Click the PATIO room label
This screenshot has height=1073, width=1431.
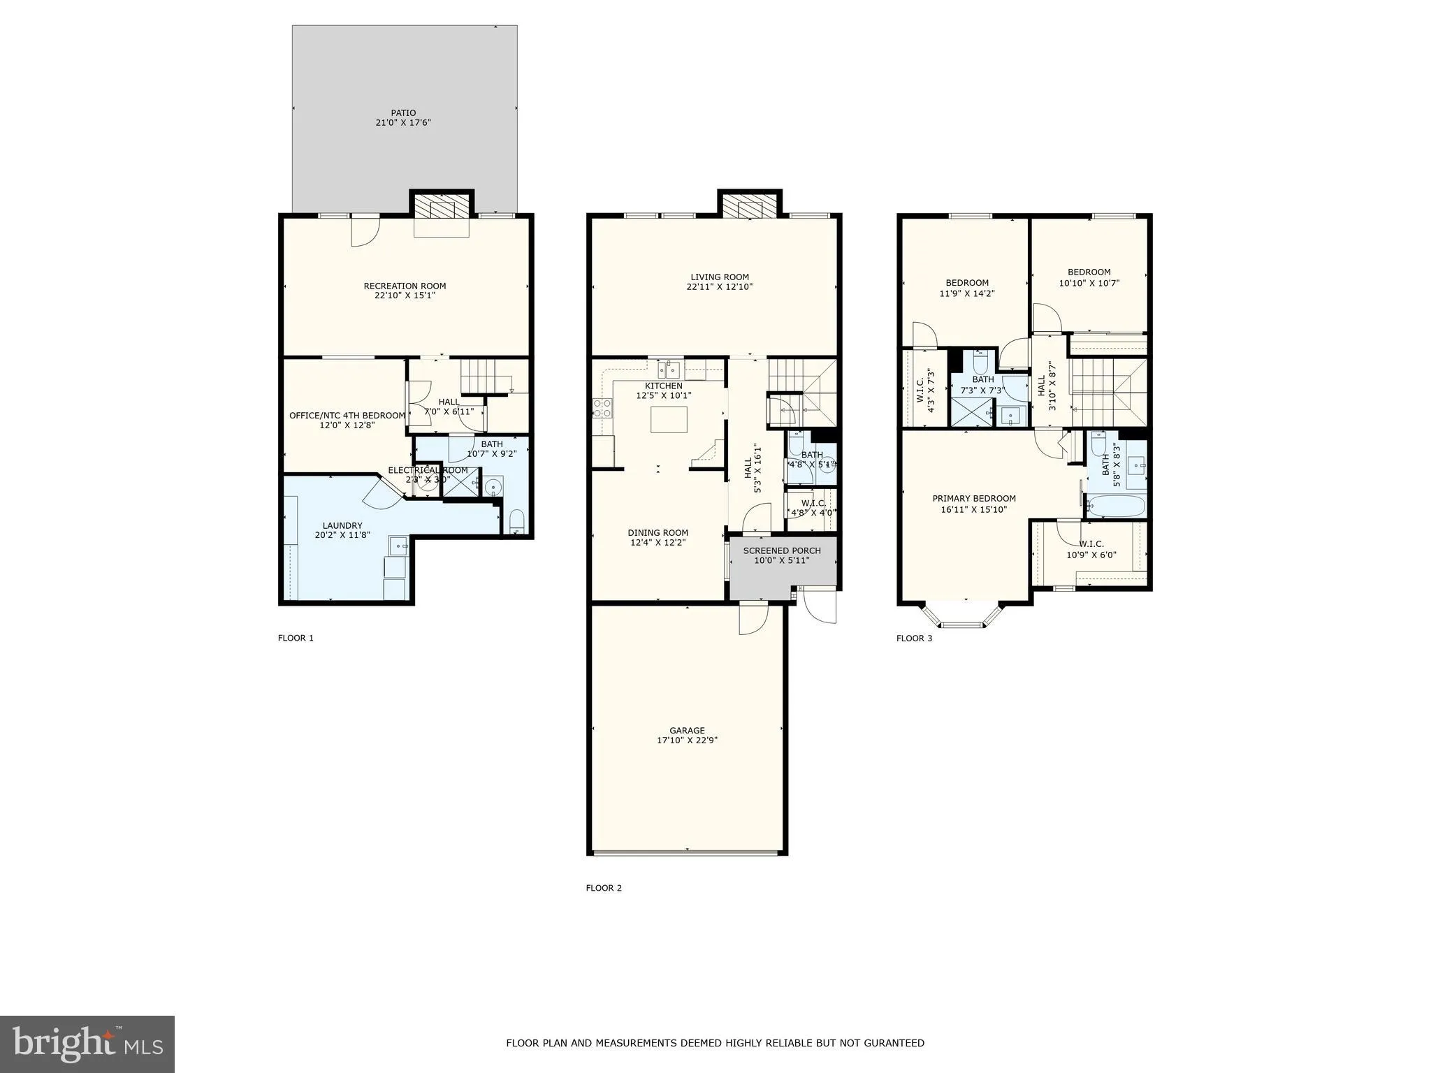[x=403, y=112]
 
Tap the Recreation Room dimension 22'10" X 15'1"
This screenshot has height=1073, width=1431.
[x=405, y=295]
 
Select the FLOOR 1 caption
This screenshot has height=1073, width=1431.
[x=296, y=638]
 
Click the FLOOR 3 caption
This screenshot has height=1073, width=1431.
[x=914, y=638]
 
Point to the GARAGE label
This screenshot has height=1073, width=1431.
[x=687, y=731]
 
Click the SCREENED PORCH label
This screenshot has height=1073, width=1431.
[x=782, y=550]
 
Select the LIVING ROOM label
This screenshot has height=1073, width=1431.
[x=720, y=277]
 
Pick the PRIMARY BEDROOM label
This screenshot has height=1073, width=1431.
[x=974, y=498]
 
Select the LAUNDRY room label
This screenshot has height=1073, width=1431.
[x=342, y=525]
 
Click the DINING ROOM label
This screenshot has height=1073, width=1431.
[x=658, y=532]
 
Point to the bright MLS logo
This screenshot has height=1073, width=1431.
[x=87, y=1044]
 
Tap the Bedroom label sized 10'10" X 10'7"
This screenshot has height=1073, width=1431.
[x=1089, y=272]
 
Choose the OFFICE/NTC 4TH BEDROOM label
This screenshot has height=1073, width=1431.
[x=347, y=416]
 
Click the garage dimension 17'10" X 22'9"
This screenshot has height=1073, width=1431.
[x=687, y=740]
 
